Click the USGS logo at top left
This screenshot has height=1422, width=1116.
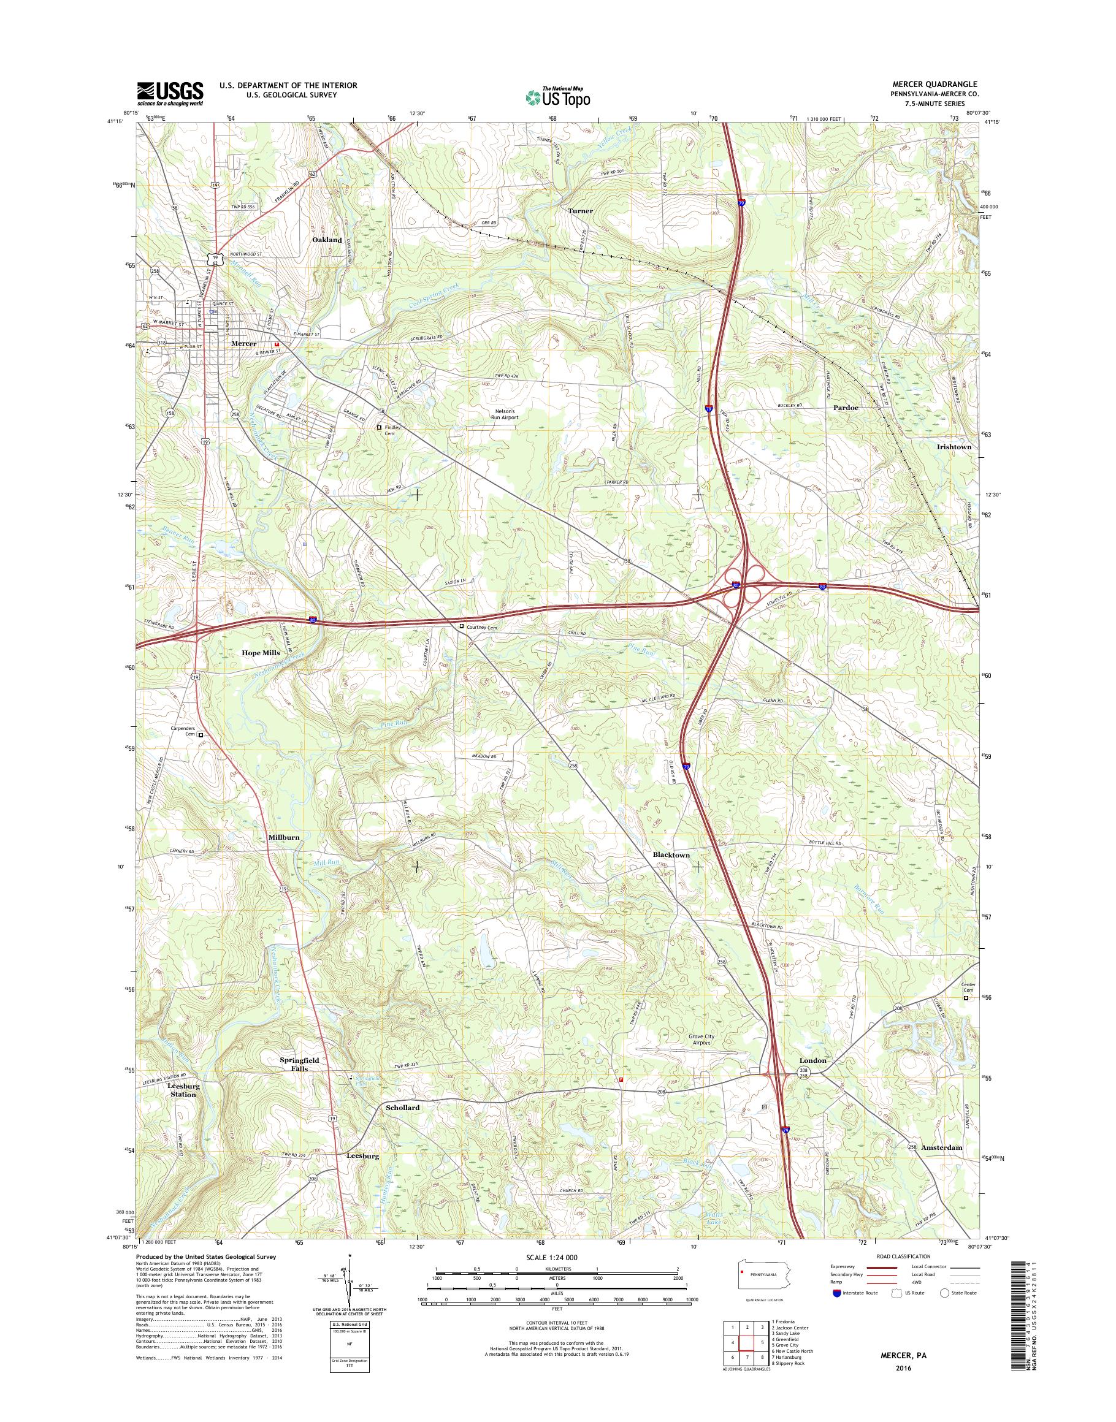click(170, 93)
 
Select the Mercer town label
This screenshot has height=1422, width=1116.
click(243, 344)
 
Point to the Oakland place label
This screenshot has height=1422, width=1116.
click(327, 240)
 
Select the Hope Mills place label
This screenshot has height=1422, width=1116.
click(261, 653)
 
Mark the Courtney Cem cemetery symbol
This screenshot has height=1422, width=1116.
click(462, 626)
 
